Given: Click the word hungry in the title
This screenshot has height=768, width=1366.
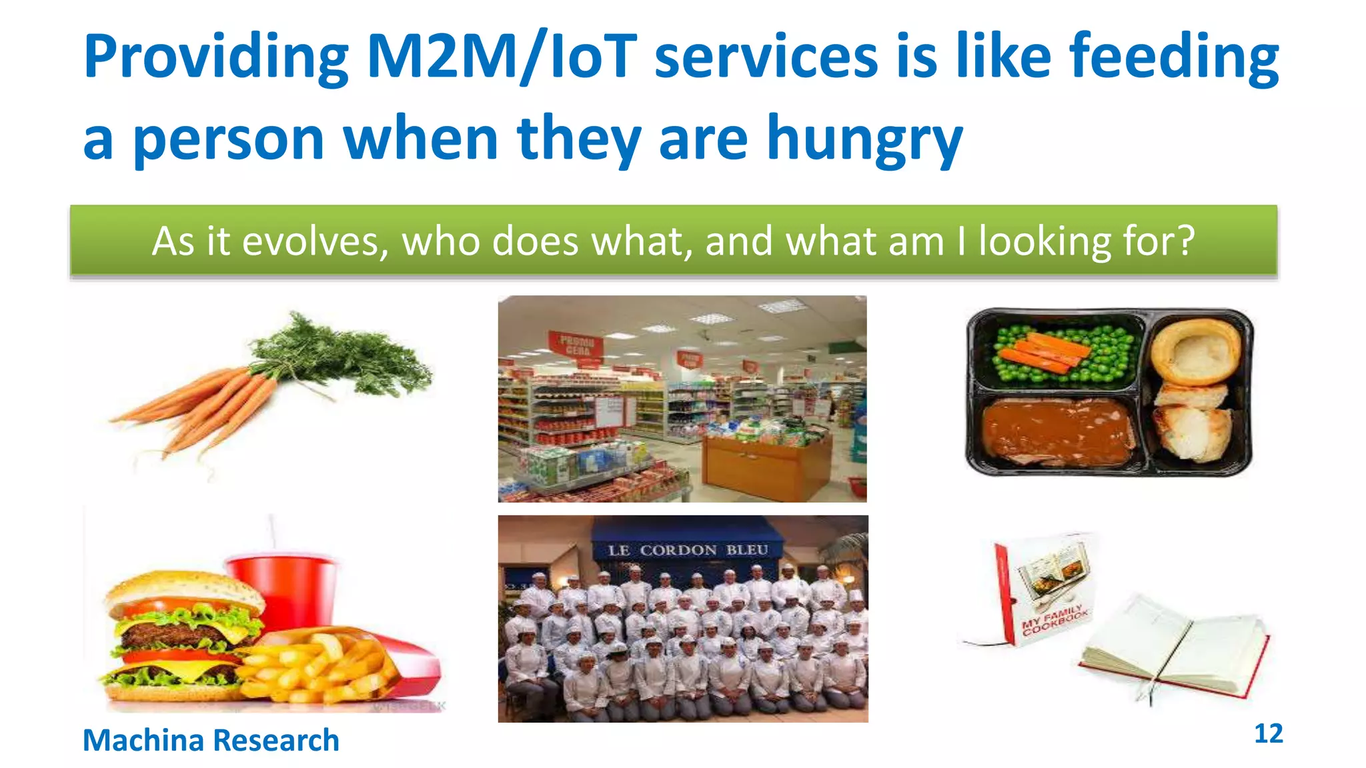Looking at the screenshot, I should [x=864, y=139].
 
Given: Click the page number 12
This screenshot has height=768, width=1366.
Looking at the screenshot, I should [x=1268, y=733].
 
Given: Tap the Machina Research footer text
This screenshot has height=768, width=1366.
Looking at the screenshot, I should [x=211, y=741].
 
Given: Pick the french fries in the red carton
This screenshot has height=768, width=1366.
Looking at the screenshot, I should [x=320, y=667].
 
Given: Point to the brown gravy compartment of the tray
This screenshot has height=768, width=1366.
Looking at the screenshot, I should [x=1057, y=430].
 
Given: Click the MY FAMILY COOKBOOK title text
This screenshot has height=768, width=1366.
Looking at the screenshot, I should [x=1054, y=620].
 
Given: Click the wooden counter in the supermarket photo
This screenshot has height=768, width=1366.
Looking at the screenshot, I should [x=767, y=467].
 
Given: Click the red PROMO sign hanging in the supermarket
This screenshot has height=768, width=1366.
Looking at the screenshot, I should [x=575, y=345].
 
